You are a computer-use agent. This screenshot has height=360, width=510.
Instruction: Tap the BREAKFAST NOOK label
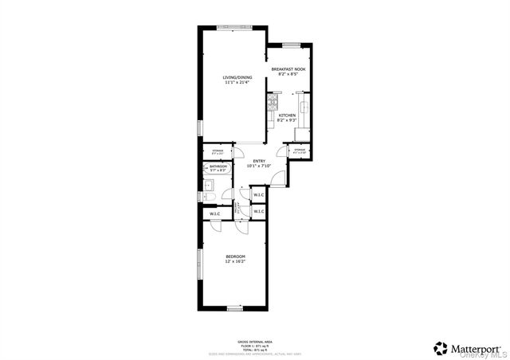pyautogui.click(x=288, y=70)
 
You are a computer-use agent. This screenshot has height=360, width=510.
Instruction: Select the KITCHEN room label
pyautogui.click(x=288, y=115)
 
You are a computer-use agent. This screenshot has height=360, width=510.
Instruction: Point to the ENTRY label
pyautogui.click(x=260, y=161)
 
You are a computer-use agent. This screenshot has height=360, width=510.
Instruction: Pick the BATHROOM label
pyautogui.click(x=218, y=166)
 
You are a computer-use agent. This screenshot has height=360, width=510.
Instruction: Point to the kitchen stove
pyautogui.click(x=272, y=118)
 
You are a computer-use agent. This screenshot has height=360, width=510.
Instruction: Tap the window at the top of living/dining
pyautogui.click(x=232, y=26)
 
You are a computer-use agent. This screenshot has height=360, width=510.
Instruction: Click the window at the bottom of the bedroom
pyautogui.click(x=234, y=307)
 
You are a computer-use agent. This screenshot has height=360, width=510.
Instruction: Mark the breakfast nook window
pyautogui.click(x=289, y=44)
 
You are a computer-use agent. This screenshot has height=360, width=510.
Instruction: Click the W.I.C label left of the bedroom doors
pyautogui.click(x=215, y=214)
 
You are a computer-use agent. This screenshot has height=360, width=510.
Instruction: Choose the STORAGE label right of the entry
pyautogui.click(x=300, y=151)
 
